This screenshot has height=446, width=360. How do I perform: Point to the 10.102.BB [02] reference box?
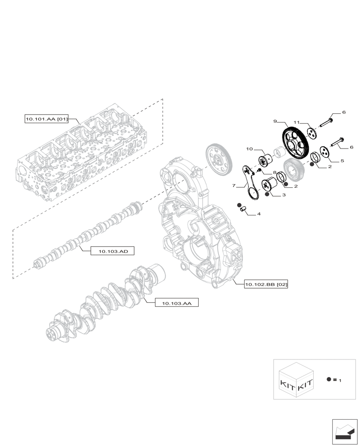[x=266, y=284]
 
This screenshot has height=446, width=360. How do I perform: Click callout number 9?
[x=275, y=121]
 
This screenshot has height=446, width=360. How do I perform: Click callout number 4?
[x=258, y=215]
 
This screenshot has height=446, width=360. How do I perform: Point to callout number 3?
[x=283, y=195]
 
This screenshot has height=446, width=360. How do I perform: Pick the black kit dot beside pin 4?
[x=239, y=204]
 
